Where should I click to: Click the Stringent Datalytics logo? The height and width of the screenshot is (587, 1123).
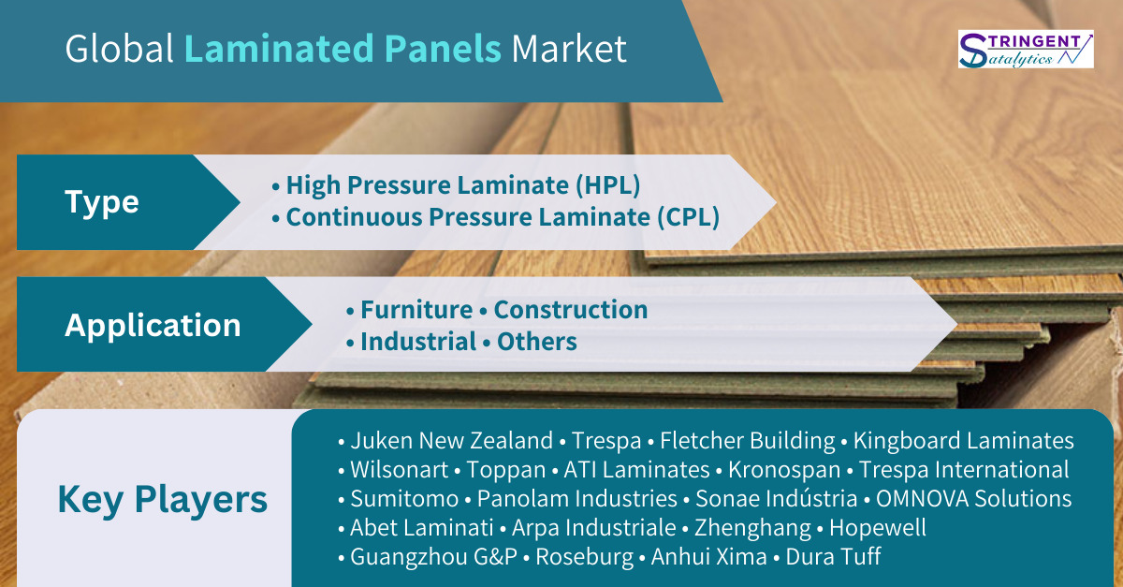point(1026,50)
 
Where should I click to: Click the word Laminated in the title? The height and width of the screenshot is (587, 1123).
point(279,49)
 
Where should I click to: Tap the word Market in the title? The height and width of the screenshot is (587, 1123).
point(569,50)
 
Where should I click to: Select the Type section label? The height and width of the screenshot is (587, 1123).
point(102,203)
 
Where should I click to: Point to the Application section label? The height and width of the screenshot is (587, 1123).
point(153,326)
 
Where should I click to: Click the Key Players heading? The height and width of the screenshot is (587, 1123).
point(163,500)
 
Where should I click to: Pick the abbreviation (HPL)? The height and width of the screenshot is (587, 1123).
point(607,185)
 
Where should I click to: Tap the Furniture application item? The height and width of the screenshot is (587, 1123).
point(416,310)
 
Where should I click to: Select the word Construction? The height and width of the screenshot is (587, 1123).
point(571,310)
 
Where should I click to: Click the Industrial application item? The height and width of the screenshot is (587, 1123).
point(418,342)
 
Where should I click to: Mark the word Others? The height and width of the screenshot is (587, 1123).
point(537,342)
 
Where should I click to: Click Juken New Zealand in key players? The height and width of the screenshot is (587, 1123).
point(451,441)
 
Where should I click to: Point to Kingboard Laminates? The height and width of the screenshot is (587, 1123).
point(964,441)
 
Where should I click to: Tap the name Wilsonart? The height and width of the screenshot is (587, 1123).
point(399,470)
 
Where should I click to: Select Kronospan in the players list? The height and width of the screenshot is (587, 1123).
point(784,470)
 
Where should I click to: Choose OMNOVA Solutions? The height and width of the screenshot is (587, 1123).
point(973,499)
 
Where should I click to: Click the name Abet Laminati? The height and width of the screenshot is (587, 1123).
point(422,528)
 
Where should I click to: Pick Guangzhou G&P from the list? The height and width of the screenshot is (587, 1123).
point(433,557)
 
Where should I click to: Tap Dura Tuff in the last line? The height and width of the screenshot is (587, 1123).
point(833,556)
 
